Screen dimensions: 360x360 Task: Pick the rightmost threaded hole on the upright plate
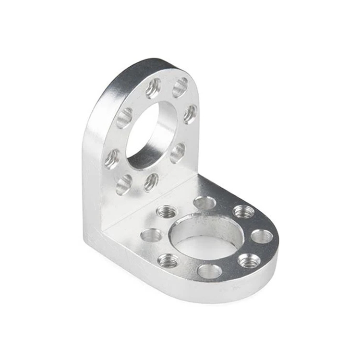coord(190,114)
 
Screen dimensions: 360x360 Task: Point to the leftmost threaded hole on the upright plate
coord(112,158)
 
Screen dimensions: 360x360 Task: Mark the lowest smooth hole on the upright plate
coord(123,184)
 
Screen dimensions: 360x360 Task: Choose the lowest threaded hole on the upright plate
coord(151,182)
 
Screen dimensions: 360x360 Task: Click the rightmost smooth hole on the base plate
coord(262,236)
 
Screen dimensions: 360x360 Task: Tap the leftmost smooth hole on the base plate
coord(152,235)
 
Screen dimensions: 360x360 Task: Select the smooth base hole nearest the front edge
coord(210,272)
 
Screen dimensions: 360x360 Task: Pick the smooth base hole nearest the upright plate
coord(205,203)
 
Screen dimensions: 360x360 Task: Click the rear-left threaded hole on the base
coord(167,211)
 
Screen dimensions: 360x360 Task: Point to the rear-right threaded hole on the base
coord(243,211)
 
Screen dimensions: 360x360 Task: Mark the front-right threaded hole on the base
coord(249,261)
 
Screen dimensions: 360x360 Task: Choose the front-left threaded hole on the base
coord(168,261)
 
